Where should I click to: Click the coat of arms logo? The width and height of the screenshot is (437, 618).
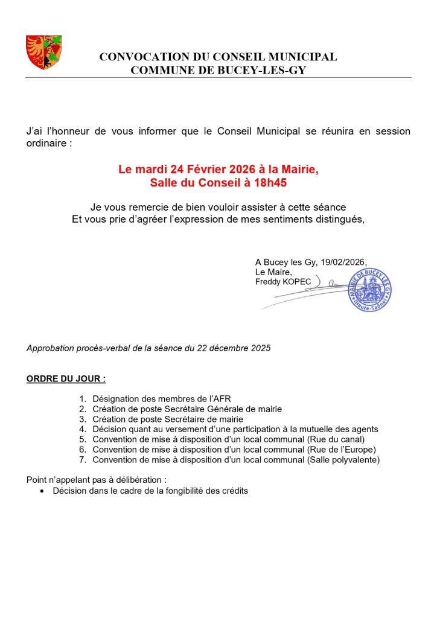[43, 52]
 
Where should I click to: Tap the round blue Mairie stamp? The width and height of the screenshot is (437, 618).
[369, 290]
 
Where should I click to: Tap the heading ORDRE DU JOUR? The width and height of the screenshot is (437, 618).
[66, 380]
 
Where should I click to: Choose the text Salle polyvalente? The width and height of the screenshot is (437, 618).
[343, 460]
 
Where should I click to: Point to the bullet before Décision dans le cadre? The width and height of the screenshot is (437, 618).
[41, 491]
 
